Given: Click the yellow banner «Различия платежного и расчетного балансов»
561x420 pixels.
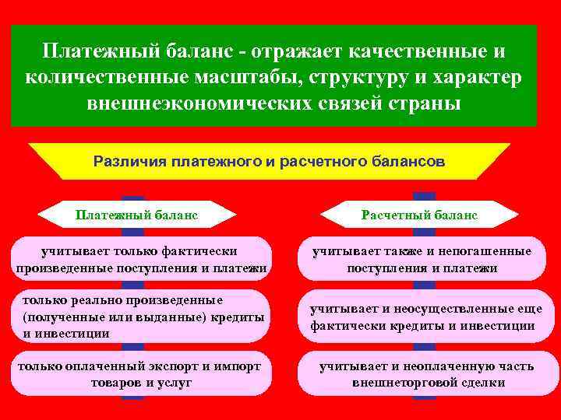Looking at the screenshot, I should coord(269,162).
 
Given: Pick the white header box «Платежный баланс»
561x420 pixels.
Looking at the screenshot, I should coord(136,214).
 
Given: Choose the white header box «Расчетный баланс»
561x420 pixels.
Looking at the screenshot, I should coord(420,214).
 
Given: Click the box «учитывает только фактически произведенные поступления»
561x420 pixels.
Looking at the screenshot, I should coord(139,260).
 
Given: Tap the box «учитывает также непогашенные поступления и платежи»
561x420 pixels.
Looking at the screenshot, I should coord(422,260).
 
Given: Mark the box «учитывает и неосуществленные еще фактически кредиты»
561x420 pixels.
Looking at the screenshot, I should coord(422,317).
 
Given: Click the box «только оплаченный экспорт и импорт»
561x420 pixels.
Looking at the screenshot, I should coord(139,374).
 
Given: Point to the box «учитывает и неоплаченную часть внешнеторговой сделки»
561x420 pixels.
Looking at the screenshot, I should coord(422,374).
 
